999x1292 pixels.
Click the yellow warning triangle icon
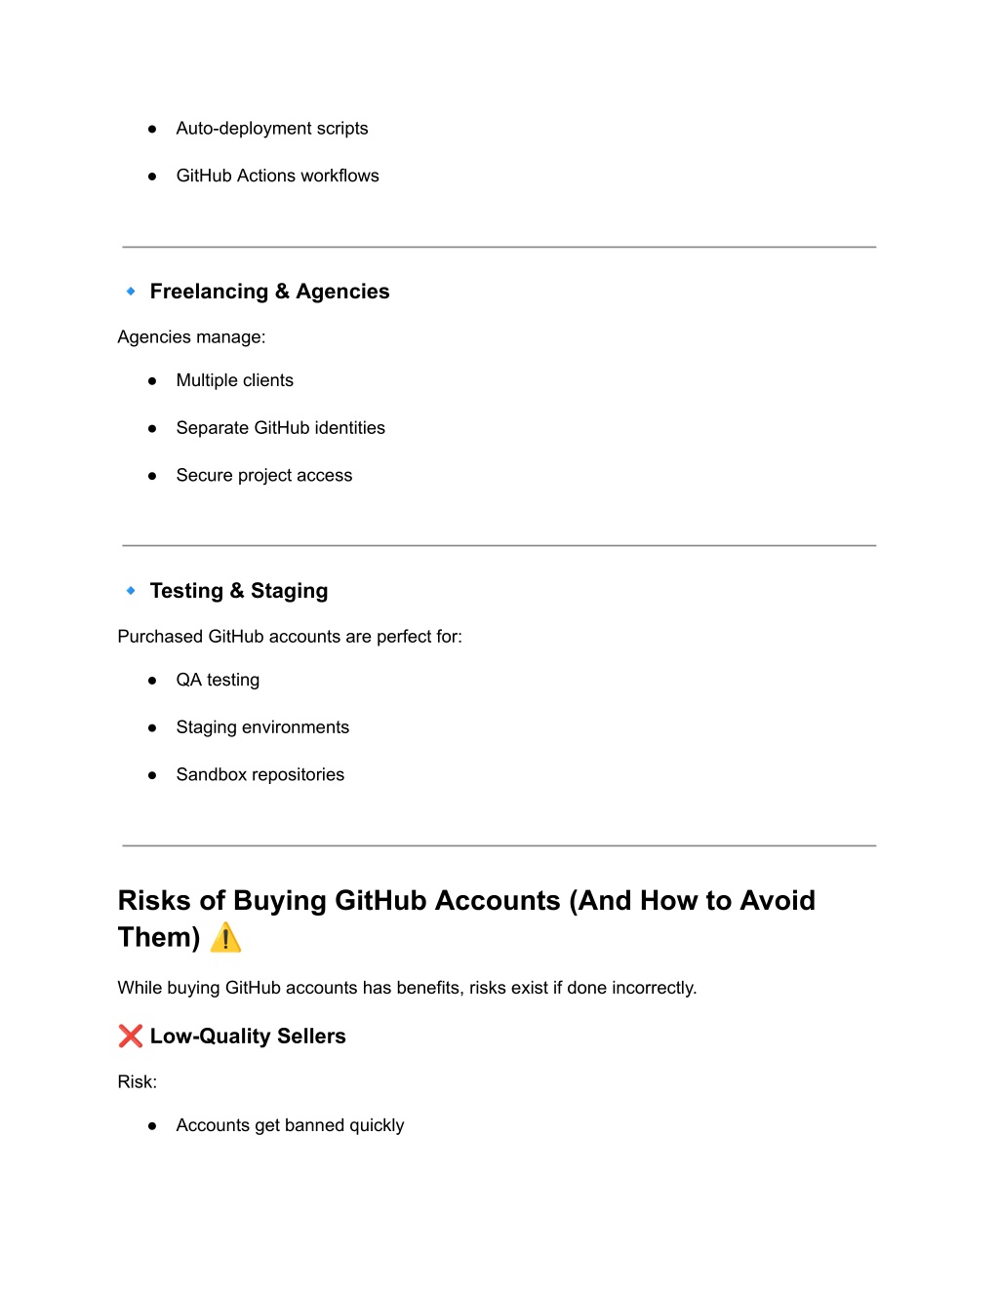[x=225, y=938]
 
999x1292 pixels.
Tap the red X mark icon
[x=131, y=1036]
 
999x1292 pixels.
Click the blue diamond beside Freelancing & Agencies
[x=131, y=292]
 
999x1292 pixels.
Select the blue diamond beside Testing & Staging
[x=131, y=591]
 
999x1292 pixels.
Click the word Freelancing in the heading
[x=209, y=292]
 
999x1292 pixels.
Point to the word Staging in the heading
[x=289, y=591]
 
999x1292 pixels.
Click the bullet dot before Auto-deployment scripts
[x=152, y=129]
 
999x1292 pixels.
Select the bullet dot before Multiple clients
[x=152, y=381]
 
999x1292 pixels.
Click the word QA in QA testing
[x=188, y=680]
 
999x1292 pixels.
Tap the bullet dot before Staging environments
[x=152, y=728]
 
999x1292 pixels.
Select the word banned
[x=314, y=1125]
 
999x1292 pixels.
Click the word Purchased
[x=160, y=637]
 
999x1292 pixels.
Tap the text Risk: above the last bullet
[x=138, y=1081]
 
